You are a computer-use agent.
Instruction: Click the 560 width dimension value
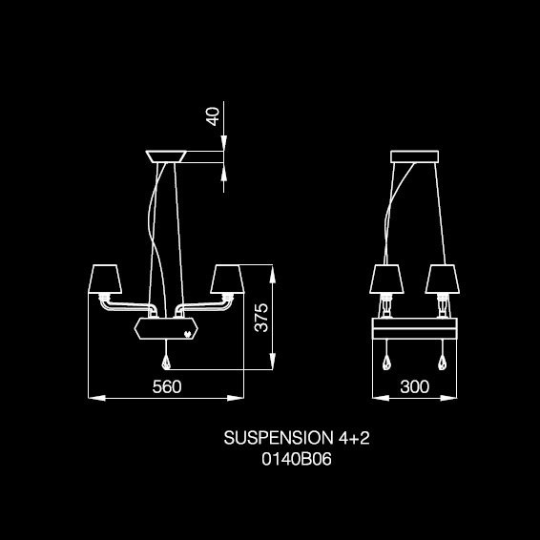(167, 386)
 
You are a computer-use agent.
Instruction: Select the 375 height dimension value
(261, 318)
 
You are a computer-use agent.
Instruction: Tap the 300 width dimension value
(415, 386)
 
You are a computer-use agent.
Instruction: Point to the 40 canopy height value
(213, 116)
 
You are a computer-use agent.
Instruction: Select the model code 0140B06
(297, 459)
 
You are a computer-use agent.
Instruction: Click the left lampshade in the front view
(105, 279)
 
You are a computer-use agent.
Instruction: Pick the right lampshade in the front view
(227, 279)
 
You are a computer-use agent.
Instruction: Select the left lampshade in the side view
(386, 279)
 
